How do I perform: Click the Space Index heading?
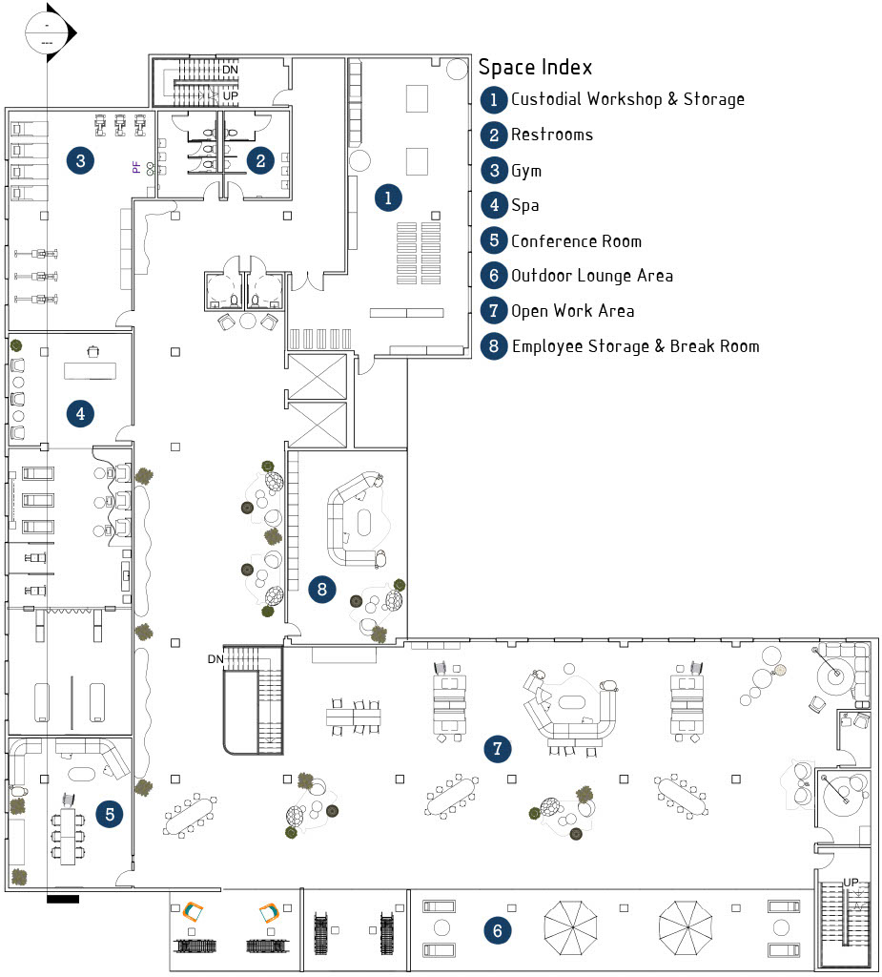coord(535,67)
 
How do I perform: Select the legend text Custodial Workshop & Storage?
coord(627,99)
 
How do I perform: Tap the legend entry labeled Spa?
coord(524,205)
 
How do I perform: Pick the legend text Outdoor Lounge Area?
coord(592,276)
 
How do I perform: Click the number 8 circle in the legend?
coord(493,346)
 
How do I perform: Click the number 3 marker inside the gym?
coord(80,160)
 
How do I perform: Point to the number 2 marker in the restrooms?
coord(259,160)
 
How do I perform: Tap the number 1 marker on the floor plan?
coord(387,197)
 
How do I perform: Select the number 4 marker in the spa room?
coord(80,414)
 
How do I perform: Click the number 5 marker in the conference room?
coord(111,814)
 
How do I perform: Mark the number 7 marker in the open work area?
coord(497,749)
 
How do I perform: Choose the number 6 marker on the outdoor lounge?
coord(496,929)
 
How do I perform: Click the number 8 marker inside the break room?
coord(322,590)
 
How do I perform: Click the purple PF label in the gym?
coord(136,167)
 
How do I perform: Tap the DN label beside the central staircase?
coord(215,659)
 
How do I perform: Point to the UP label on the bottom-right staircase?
coord(851,882)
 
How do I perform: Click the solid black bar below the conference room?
coord(62,899)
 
